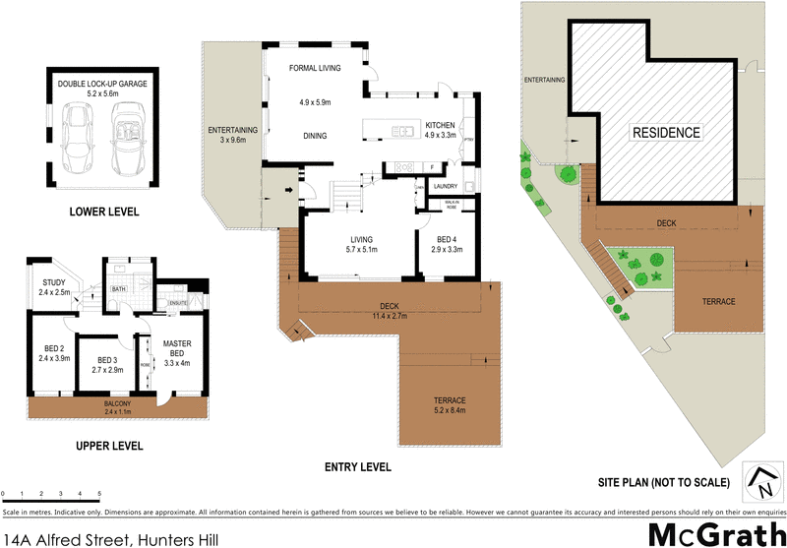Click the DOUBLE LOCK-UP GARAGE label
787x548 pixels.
pos(103,85)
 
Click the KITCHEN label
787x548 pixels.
pos(439,125)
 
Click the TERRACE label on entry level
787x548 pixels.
pos(450,399)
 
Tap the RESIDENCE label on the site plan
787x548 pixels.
pos(666,133)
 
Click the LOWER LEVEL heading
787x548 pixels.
pos(103,212)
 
